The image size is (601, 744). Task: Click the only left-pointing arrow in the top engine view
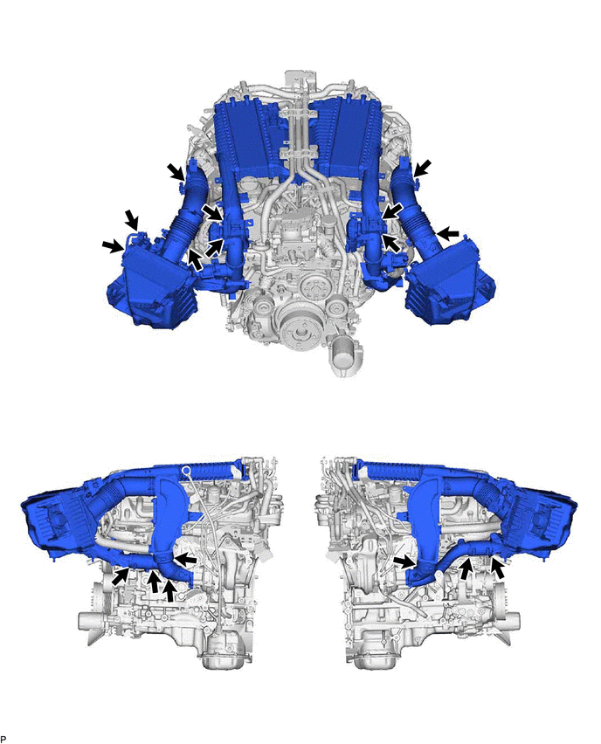[447, 233]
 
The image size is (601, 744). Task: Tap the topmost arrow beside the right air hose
[423, 168]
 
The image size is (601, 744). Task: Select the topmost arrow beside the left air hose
[176, 172]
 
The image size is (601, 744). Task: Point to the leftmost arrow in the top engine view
[113, 245]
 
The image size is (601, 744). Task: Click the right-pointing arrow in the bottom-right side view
[404, 562]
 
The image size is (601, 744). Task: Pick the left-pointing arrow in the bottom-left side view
[185, 560]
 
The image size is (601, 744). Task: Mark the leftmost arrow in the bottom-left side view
[121, 576]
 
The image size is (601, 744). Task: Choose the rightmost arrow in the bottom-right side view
[498, 568]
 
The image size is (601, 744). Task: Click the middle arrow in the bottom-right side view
[467, 568]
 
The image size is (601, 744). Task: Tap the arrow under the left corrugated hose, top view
[195, 259]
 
